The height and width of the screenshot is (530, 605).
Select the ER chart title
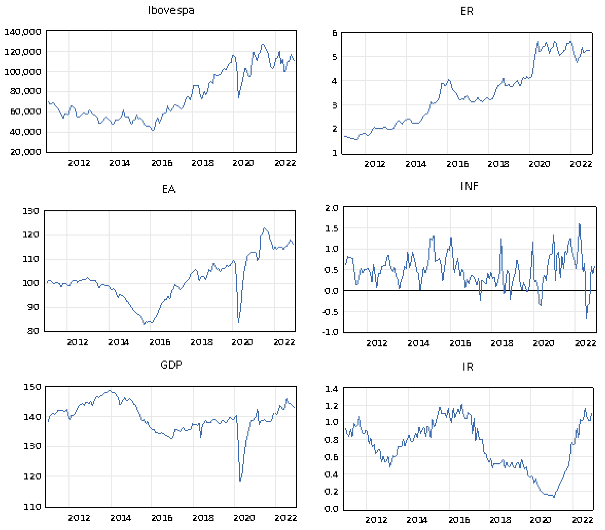467,11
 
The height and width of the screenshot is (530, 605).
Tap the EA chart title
169,189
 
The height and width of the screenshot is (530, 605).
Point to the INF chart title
469,186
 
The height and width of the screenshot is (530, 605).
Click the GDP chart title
171,365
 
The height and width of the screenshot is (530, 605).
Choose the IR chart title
468,367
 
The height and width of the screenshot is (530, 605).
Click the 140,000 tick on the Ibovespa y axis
22,32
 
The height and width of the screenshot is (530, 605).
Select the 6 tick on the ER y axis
334,33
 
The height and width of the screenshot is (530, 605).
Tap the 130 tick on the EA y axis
31,211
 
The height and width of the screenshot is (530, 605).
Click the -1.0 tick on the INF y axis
330,332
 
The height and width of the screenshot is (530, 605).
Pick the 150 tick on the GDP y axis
32,387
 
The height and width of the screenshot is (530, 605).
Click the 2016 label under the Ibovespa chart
162,163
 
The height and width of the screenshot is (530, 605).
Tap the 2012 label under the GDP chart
79,518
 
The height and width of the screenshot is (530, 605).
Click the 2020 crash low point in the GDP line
240,481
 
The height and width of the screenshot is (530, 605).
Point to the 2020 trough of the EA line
239,322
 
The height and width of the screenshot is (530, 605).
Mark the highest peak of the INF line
579,224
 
